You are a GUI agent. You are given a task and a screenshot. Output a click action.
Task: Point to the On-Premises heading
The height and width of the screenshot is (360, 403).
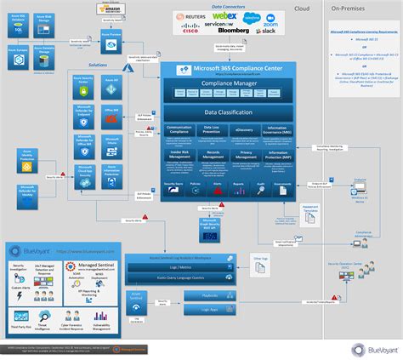[x=349, y=8]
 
